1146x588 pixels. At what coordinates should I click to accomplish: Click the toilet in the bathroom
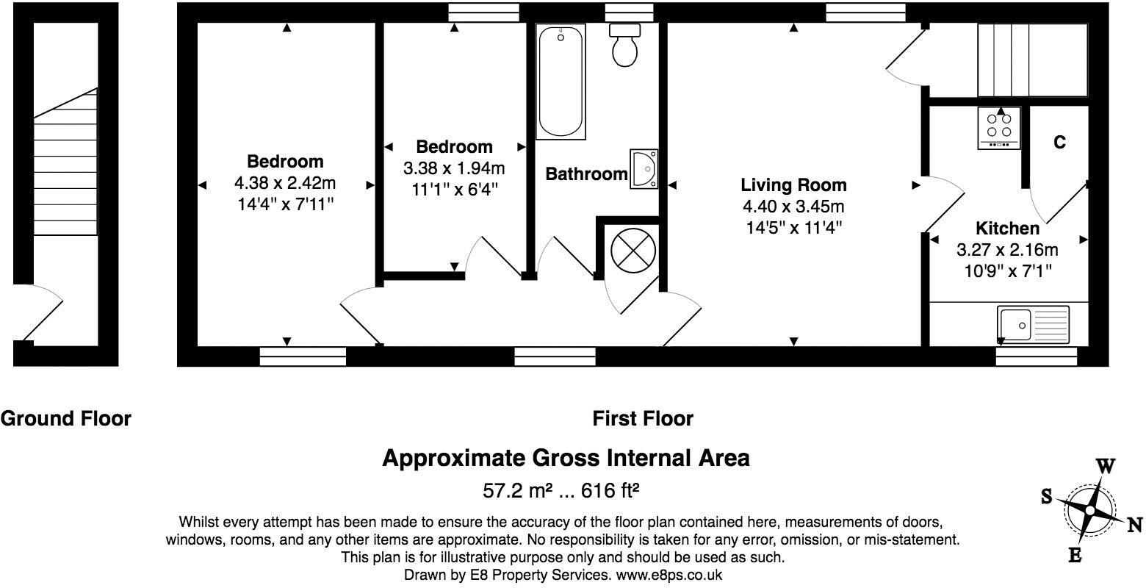click(x=624, y=46)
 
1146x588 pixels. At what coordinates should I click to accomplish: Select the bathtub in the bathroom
click(x=561, y=81)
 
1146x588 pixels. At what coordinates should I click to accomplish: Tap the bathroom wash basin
click(x=644, y=169)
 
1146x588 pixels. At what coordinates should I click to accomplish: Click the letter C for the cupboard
click(x=1059, y=143)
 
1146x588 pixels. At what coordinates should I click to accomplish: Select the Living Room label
click(x=793, y=185)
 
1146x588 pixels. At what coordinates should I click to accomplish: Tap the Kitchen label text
click(x=1007, y=229)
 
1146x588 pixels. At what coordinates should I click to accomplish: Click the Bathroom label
click(x=586, y=174)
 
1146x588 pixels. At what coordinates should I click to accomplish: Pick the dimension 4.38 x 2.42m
click(x=285, y=182)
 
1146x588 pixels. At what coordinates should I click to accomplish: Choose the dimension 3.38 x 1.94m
click(x=454, y=168)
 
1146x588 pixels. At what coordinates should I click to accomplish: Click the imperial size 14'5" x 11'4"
click(x=793, y=228)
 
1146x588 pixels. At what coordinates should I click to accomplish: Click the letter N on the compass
click(x=1134, y=524)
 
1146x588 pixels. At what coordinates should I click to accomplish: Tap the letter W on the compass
click(x=1106, y=466)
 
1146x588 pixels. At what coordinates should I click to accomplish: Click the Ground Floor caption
click(x=66, y=419)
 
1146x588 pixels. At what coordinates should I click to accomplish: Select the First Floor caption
click(x=643, y=419)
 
